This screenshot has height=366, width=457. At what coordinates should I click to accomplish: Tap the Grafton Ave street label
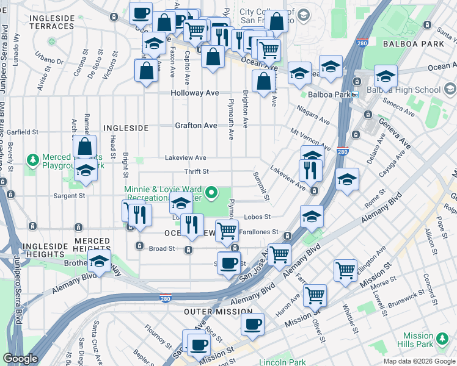click(x=196, y=126)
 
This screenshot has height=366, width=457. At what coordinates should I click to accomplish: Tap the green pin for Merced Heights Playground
click(x=32, y=160)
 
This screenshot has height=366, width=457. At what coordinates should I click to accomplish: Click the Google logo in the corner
click(x=20, y=359)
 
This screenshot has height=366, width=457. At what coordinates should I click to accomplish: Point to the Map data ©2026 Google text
click(x=419, y=361)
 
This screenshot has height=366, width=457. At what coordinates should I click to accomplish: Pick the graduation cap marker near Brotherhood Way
click(x=99, y=263)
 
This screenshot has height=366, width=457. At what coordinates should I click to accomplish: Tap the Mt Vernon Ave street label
click(x=311, y=140)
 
